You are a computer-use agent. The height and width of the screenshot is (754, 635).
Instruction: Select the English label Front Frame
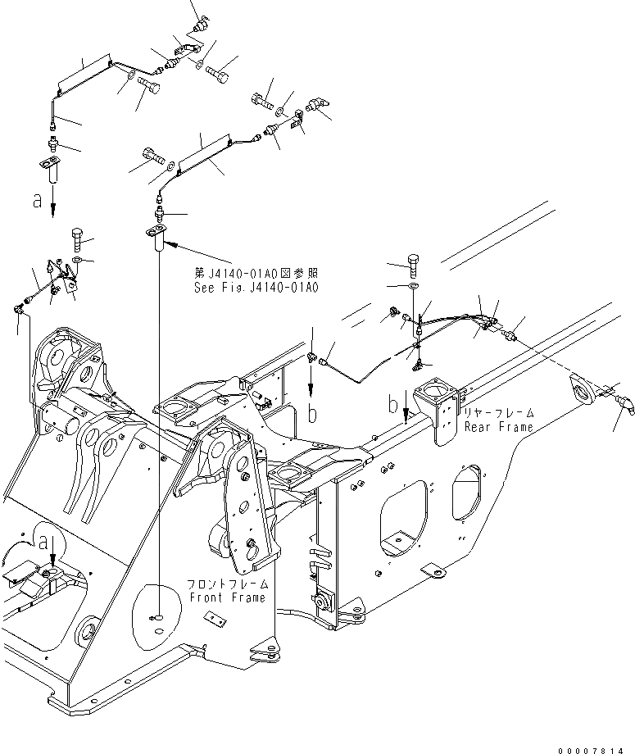(x=227, y=597)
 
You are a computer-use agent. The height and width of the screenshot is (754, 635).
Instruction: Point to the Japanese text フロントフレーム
(x=227, y=584)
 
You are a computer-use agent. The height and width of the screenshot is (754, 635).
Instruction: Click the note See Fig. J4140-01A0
(x=256, y=288)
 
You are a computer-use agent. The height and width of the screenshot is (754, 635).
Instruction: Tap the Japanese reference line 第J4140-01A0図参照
(x=256, y=274)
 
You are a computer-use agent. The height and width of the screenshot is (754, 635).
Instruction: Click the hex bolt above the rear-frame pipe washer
(x=413, y=265)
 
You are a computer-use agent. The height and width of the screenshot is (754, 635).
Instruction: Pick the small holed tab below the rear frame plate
(x=431, y=570)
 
